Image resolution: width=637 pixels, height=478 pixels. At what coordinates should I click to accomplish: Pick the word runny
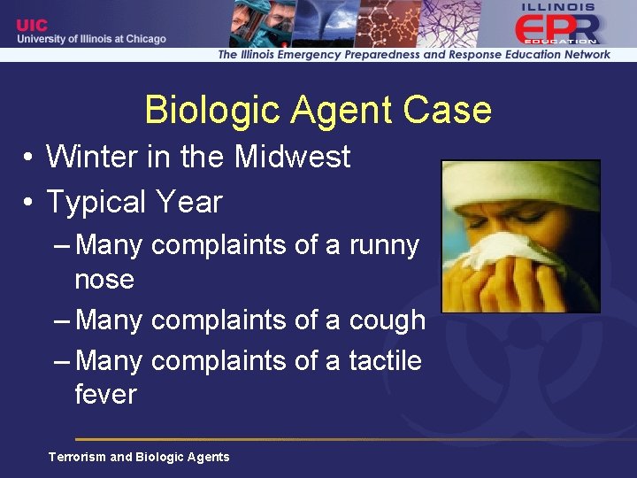tap(384, 245)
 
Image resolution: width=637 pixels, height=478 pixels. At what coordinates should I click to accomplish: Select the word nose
tap(104, 280)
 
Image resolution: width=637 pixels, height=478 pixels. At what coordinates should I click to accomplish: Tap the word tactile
tap(385, 360)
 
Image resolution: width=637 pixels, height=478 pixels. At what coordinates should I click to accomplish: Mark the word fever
tap(105, 394)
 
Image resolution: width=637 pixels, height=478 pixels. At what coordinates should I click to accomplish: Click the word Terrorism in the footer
tap(77, 457)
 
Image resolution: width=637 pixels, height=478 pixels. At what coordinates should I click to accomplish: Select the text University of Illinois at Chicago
tap(91, 39)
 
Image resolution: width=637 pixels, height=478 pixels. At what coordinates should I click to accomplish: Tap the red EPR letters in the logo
tap(556, 30)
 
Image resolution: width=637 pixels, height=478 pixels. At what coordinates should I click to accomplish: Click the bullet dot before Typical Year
tap(29, 203)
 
